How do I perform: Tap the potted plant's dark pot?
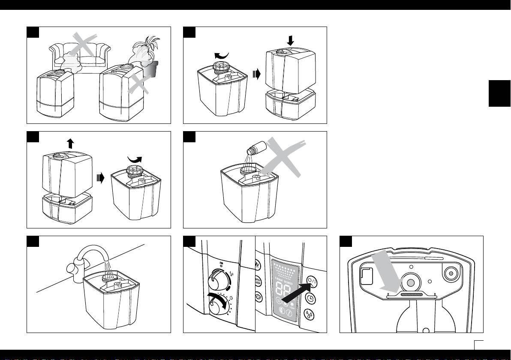150,69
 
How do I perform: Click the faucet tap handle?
72,270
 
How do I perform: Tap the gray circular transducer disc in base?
410,283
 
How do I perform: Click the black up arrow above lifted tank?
70,144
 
